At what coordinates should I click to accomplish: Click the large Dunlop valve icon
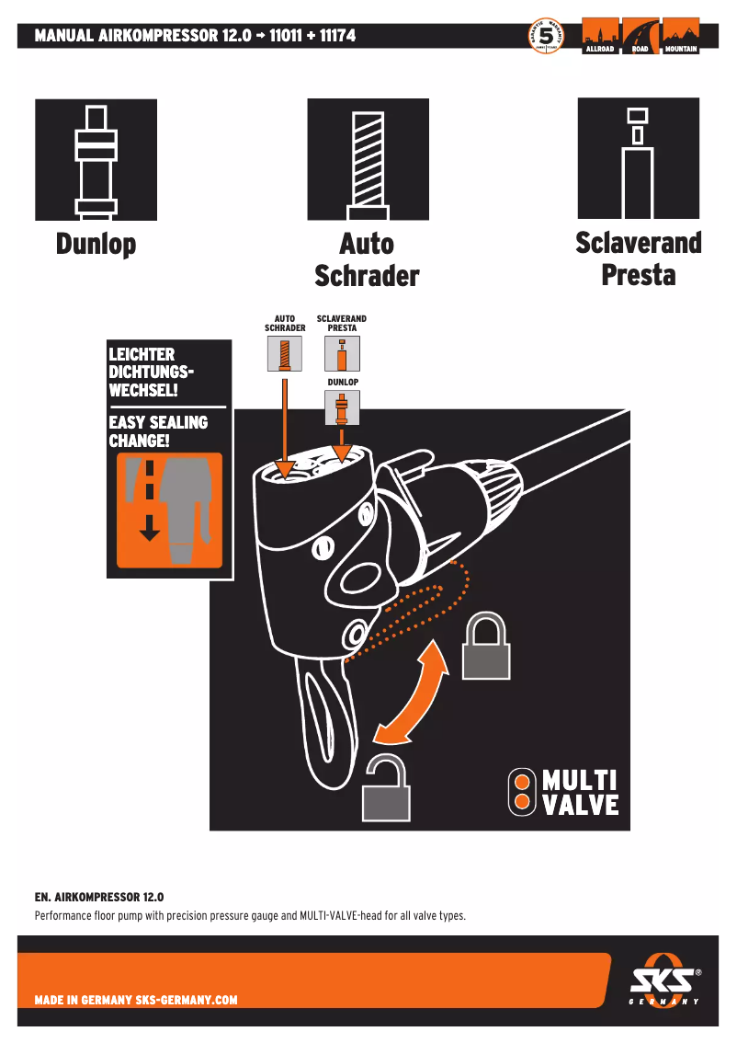pos(96,160)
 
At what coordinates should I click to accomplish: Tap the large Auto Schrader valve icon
pos(368,159)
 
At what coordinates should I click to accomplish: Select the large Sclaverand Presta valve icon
pos(638,158)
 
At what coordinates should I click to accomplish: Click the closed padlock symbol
pos(485,645)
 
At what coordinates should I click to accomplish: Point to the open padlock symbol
pos(387,787)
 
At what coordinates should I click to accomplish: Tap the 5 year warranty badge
pos(546,36)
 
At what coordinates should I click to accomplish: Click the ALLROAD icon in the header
pos(599,36)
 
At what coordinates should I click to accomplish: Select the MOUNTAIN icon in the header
pos(680,36)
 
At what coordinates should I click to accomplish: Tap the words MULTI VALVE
pos(578,793)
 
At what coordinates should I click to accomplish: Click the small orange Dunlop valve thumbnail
pos(342,407)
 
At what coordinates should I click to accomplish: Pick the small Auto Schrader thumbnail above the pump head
pos(285,353)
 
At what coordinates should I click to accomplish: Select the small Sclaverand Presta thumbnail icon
pos(342,353)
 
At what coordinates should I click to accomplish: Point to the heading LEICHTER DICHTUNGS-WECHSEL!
pos(153,372)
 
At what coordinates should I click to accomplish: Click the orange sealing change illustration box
pos(169,510)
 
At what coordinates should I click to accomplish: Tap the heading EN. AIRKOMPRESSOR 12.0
pos(99,896)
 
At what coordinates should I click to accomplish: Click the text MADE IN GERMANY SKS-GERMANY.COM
pos(136,1000)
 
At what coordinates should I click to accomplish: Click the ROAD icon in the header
pos(640,36)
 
